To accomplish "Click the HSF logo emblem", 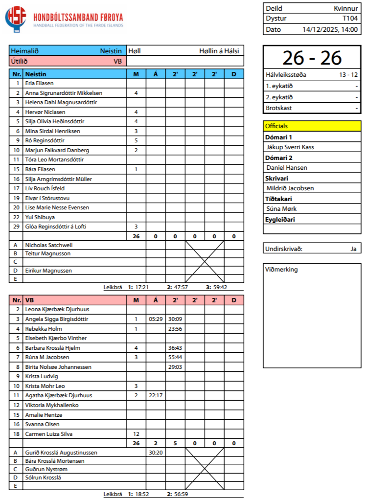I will [x=16, y=19].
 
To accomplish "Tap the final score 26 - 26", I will [x=312, y=58].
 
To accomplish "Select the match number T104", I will [x=350, y=19].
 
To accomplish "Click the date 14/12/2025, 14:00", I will [x=330, y=29].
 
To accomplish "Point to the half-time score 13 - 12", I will [x=348, y=75].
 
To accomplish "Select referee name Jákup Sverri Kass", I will [x=290, y=147].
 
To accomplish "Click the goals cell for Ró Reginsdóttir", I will [x=136, y=140].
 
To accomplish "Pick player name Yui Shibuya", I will [x=40, y=217].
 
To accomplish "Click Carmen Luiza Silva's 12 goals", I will [x=136, y=434].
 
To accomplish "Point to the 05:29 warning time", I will [x=156, y=319].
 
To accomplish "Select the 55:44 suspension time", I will [x=175, y=357].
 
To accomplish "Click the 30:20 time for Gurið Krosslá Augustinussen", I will [x=156, y=453].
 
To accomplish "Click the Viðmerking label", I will [x=281, y=270].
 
